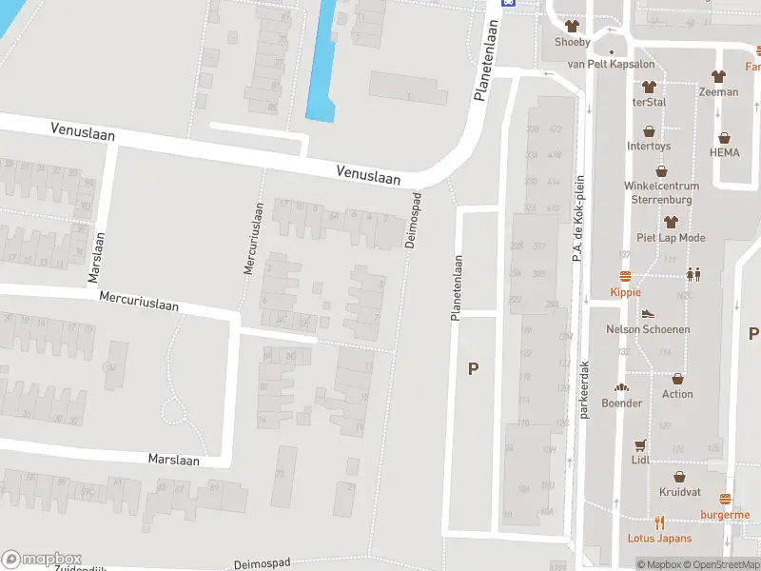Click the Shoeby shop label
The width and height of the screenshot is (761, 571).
coord(573,42)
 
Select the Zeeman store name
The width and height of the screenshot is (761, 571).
coord(718,92)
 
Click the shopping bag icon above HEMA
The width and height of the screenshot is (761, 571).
coord(725,138)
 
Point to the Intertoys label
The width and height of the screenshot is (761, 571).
coord(649,147)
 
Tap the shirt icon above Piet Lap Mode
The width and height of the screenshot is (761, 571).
coord(671,222)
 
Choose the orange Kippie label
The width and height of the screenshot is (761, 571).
coord(625,292)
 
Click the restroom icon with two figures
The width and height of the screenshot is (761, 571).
coord(693,274)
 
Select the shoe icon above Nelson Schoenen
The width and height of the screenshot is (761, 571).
coord(648,313)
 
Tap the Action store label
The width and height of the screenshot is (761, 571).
coord(677,394)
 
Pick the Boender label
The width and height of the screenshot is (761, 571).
coord(621,403)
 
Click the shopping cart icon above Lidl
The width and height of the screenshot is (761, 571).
coord(640,444)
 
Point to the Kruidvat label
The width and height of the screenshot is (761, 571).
coord(679,492)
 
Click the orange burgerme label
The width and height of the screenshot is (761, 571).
coord(725,515)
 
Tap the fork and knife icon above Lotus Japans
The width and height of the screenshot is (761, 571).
coord(660,522)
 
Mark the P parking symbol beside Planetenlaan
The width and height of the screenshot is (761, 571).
coord(473,368)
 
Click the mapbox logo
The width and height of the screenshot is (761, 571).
coord(42,560)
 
